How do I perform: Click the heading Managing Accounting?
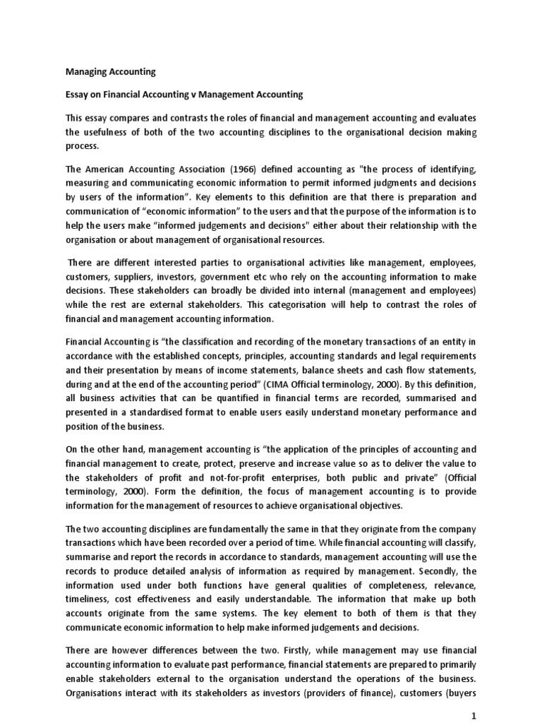pyautogui.click(x=110, y=71)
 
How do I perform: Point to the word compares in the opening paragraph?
pyautogui.click(x=131, y=116)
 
